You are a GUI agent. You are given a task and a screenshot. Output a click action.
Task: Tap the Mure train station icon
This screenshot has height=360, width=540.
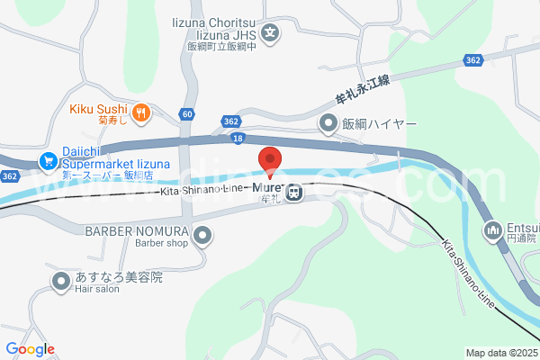click(293, 191)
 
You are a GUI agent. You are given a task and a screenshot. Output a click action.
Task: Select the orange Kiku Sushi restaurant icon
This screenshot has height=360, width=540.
click(141, 112)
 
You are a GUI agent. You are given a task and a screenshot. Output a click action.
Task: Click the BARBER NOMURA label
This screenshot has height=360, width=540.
click(137, 230)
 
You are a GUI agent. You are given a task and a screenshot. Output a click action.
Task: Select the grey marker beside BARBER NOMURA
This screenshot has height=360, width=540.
click(203, 237)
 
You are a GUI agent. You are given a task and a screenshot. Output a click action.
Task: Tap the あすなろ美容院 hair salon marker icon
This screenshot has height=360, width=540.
click(60, 283)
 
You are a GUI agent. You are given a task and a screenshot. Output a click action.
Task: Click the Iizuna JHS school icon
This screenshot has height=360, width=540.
click(271, 35)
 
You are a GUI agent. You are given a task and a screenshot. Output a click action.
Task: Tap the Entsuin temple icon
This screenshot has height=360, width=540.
click(493, 231)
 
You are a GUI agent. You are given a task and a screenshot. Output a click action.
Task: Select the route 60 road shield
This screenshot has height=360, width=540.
click(186, 113)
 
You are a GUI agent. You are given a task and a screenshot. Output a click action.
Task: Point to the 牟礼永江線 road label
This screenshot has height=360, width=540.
click(361, 87)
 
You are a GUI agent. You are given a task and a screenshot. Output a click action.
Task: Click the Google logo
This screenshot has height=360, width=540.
click(30, 348)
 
